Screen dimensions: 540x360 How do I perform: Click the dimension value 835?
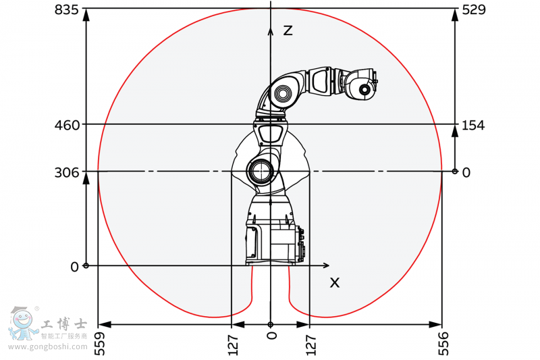tap(67, 9)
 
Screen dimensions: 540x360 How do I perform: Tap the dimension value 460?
tap(67, 125)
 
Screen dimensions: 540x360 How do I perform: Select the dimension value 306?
tap(67, 173)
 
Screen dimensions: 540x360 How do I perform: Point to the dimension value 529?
tap(474, 9)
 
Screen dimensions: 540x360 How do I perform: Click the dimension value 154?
tap(473, 125)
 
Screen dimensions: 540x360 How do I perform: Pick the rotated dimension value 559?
tap(99, 344)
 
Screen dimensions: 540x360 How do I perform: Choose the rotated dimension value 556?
tap(443, 344)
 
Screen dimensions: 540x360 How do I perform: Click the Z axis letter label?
tap(288, 30)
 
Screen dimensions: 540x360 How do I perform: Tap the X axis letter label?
tap(334, 283)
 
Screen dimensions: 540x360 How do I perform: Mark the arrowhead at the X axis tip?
tap(327, 265)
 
